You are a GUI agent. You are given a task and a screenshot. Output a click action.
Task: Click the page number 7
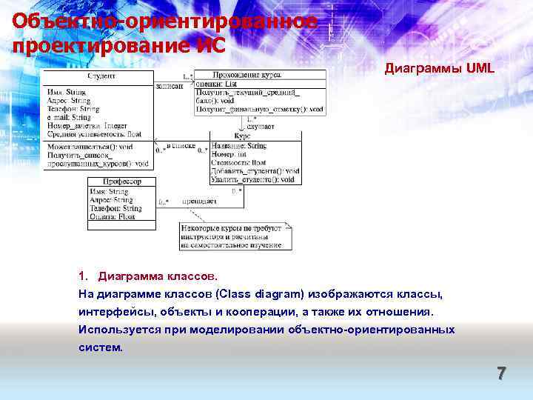501,373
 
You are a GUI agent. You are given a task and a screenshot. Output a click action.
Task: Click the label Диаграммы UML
439,68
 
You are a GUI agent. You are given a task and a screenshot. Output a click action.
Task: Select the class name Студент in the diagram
101,76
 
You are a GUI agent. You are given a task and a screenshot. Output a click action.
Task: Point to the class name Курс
243,137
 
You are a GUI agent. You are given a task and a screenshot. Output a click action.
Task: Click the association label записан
170,86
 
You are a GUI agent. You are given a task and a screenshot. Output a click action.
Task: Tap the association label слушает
262,127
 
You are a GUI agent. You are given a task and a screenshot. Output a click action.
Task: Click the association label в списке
181,147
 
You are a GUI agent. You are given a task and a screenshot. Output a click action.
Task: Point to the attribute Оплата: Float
113,217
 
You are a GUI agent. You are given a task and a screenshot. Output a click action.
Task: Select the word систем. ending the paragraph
101,346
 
